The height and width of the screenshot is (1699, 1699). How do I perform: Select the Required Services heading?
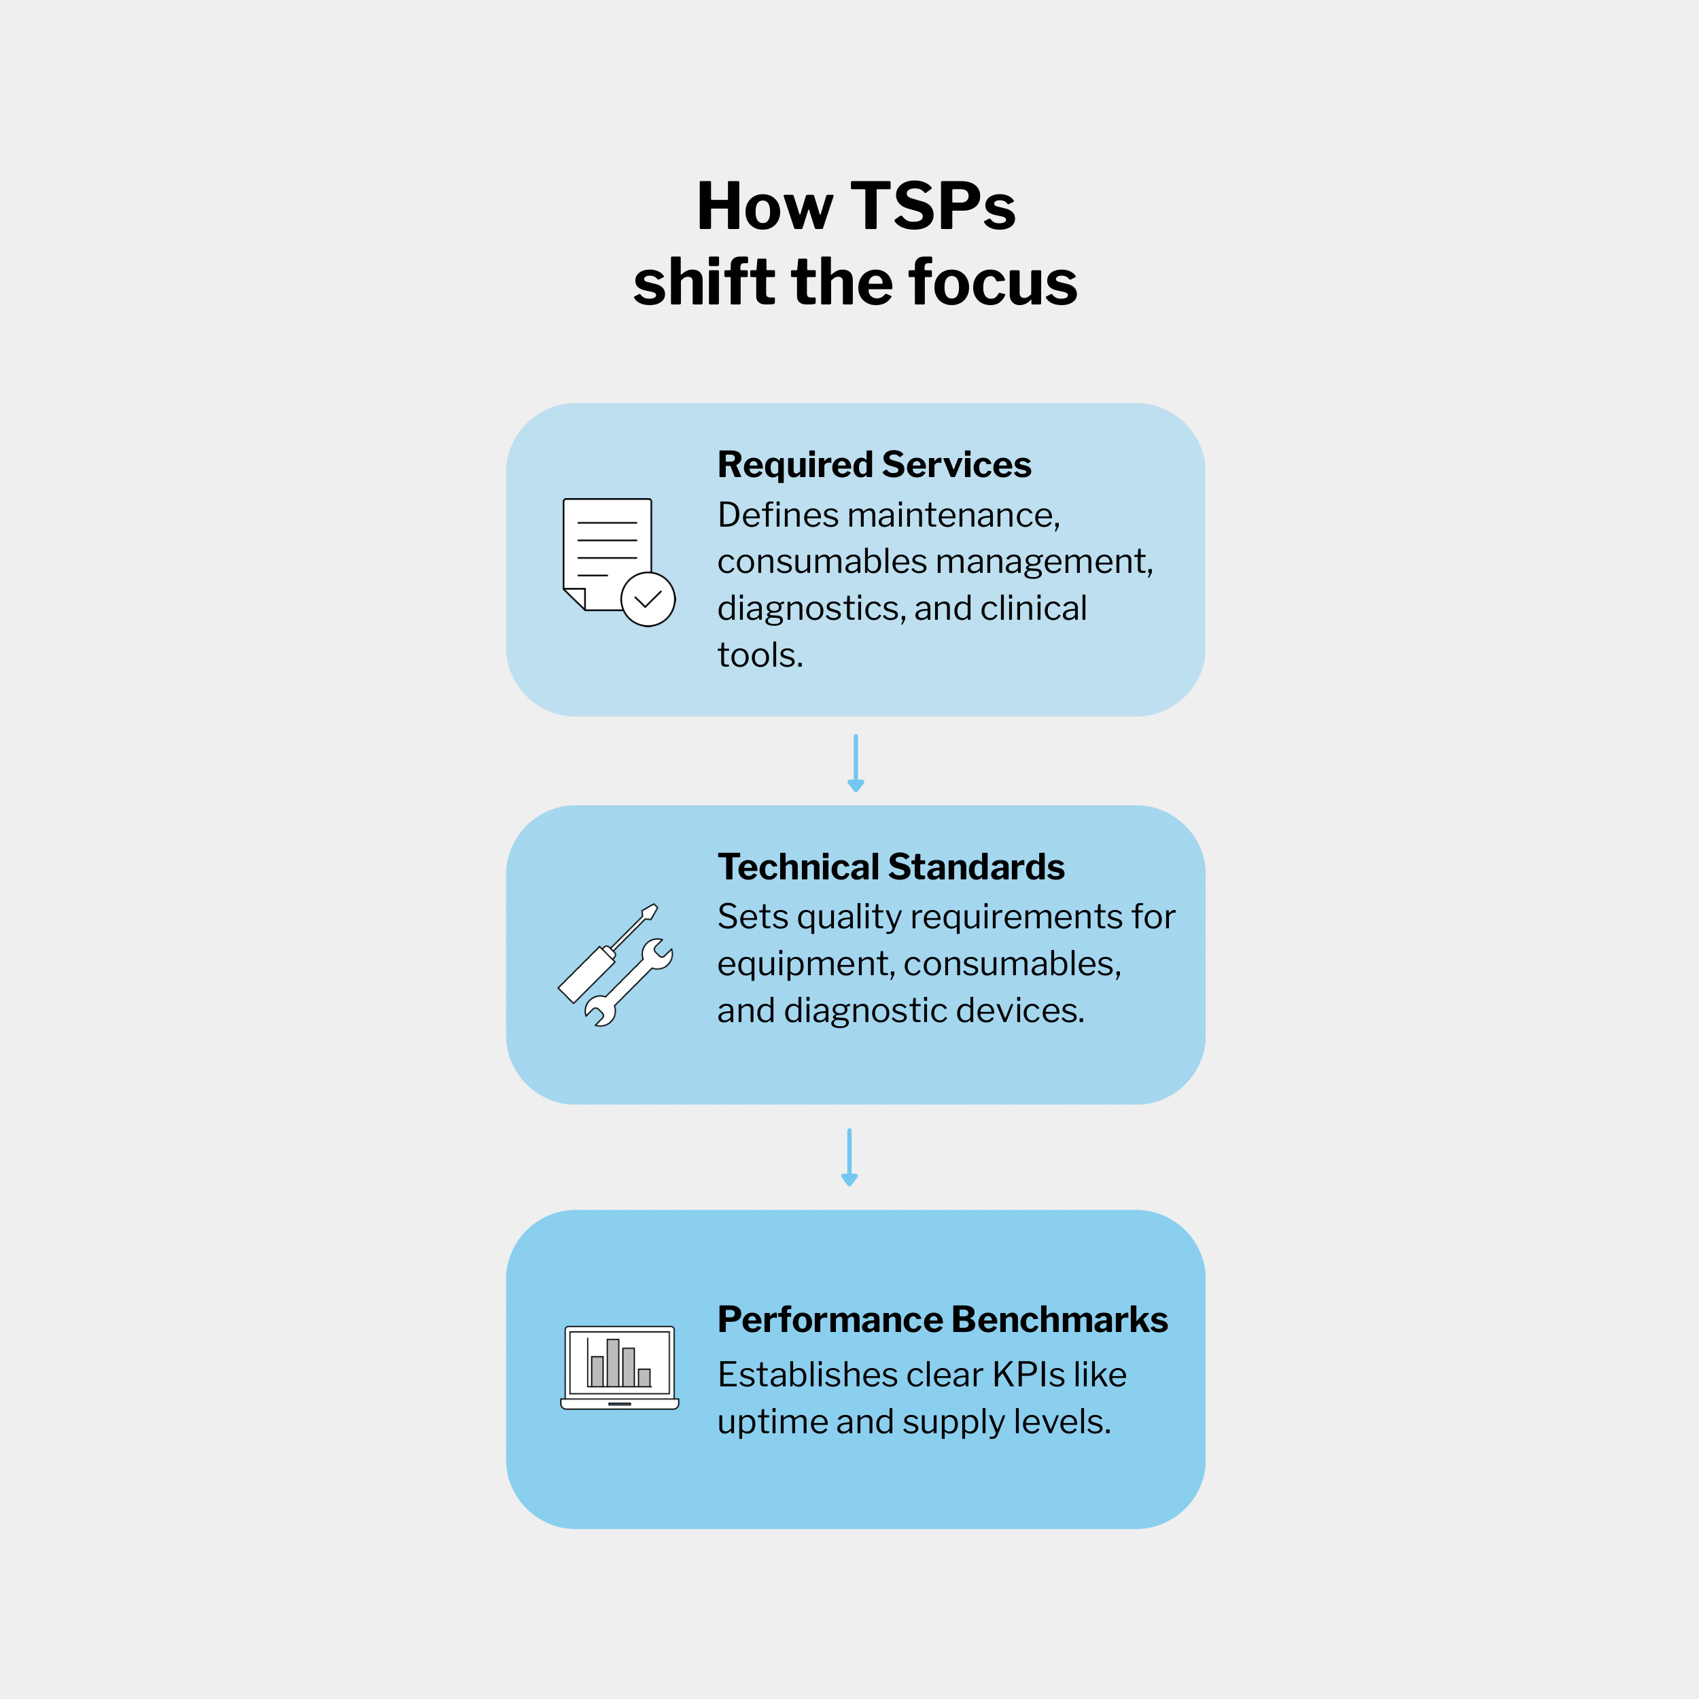pos(874,464)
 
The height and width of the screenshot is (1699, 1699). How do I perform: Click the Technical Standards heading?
pos(891,867)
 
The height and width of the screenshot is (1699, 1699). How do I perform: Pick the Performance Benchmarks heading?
pos(943,1319)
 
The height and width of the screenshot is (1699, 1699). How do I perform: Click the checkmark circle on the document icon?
pos(648,600)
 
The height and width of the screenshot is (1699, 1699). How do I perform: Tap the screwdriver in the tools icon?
pos(607,954)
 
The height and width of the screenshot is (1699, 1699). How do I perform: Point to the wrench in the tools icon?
pos(630,981)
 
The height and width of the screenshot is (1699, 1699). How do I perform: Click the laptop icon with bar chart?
pos(620,1368)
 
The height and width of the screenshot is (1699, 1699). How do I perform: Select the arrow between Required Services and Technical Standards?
pos(856,763)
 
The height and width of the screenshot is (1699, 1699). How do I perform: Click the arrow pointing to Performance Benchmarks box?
pos(849,1157)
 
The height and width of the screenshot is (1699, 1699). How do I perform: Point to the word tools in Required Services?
pos(759,655)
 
